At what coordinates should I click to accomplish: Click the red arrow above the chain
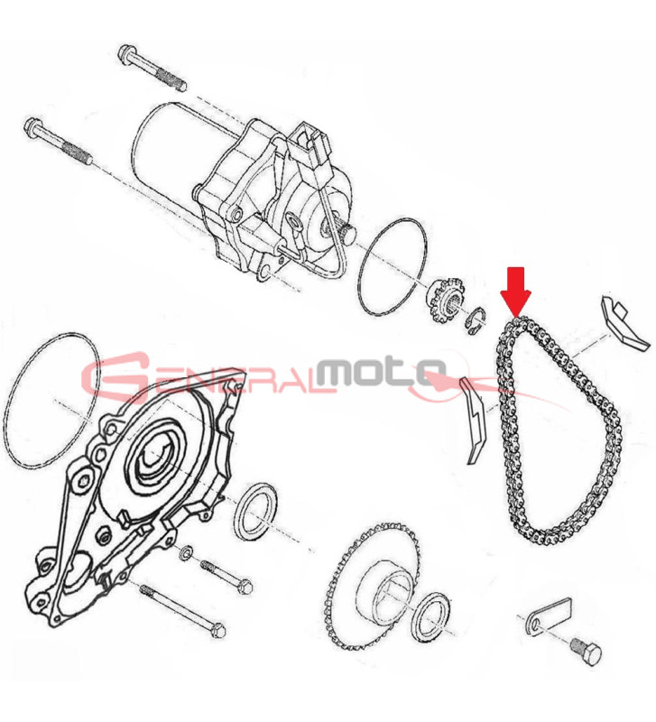click(x=516, y=292)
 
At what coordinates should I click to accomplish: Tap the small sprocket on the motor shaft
click(x=444, y=300)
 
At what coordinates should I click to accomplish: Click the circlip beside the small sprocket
click(x=474, y=320)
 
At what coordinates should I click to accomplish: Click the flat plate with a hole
click(x=549, y=616)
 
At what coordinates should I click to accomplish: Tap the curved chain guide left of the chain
click(x=476, y=420)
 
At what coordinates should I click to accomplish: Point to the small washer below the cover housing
click(x=187, y=551)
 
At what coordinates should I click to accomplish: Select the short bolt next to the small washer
click(x=226, y=577)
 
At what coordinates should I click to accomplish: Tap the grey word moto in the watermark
click(x=381, y=371)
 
